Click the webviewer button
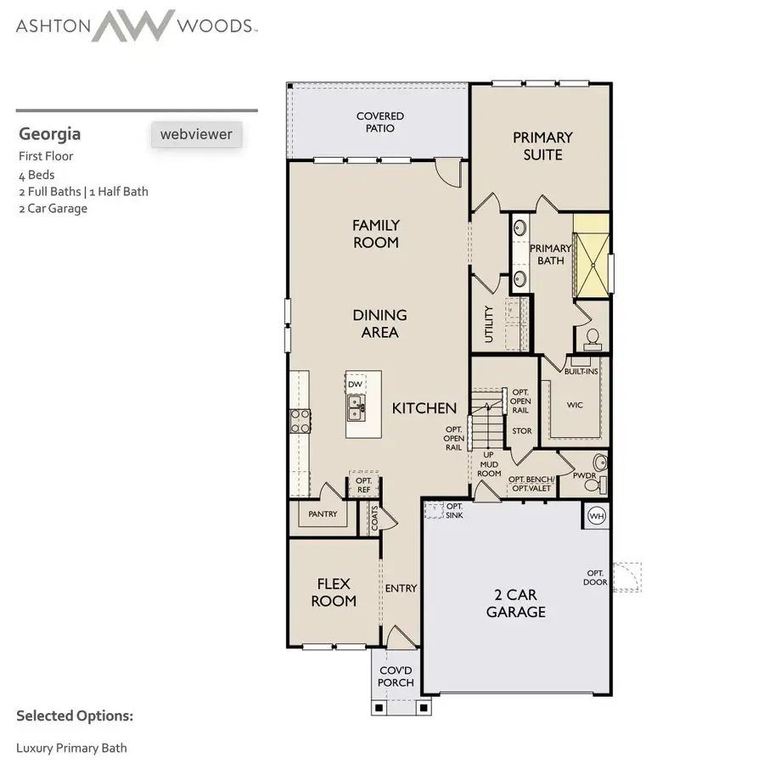coord(196,134)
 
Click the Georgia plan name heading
coord(50,133)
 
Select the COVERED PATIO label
coord(379,122)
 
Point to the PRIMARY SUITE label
coord(542,145)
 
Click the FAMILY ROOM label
coord(376,233)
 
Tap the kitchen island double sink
coord(356,413)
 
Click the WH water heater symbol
coord(595,514)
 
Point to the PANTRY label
coord(323,514)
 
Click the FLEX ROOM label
coord(334,592)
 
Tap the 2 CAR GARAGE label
coord(516,603)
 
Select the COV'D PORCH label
coord(396,676)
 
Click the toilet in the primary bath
coord(593,339)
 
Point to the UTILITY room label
coord(489,324)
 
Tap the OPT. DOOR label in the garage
coord(594,577)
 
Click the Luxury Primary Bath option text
coord(71,748)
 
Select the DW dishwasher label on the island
coord(355,384)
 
